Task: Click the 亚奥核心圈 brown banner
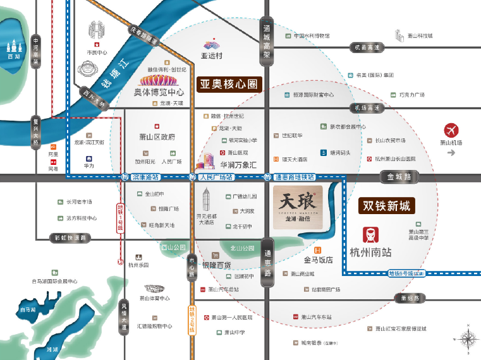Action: [229, 85]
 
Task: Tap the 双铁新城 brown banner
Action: [386, 206]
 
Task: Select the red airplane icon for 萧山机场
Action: [451, 131]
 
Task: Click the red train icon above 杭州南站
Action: [370, 234]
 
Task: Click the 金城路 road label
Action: [399, 177]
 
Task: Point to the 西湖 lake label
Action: [14, 57]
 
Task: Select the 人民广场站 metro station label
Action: [216, 177]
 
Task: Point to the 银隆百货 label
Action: [217, 265]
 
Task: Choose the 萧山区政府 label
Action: [157, 137]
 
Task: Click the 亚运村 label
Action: [212, 56]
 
